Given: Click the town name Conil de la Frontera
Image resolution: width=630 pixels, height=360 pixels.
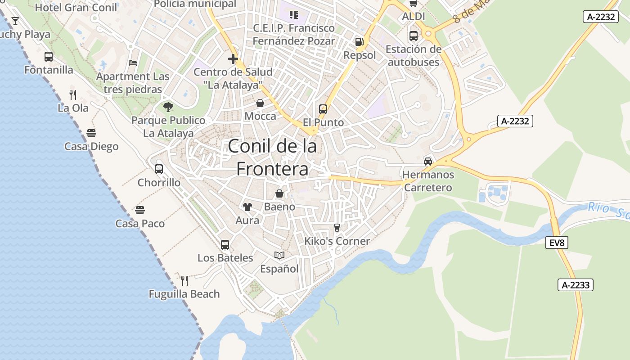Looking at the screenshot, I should click(x=272, y=157).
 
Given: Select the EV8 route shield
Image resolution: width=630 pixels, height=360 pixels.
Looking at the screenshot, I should click(x=557, y=243).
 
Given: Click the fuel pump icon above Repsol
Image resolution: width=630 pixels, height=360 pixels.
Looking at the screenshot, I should click(x=359, y=42).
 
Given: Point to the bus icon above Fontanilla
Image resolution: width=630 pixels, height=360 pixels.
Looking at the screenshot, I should click(x=49, y=57).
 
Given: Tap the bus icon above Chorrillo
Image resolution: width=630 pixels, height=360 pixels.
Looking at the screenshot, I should click(x=159, y=169).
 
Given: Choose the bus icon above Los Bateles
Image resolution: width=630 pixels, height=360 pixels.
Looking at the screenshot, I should click(x=225, y=245).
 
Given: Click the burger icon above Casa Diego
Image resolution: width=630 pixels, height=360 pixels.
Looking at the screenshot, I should click(x=91, y=133).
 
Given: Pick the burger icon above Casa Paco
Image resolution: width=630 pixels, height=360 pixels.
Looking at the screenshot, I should click(x=140, y=210).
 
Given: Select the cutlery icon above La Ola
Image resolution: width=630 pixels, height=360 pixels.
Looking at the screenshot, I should click(x=73, y=94).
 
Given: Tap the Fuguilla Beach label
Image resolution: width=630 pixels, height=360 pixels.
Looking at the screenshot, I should click(x=184, y=294).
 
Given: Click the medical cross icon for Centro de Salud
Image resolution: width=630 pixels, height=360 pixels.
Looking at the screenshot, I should click(x=233, y=58).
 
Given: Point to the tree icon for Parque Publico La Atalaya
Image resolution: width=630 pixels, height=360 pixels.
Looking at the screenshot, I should click(x=168, y=107).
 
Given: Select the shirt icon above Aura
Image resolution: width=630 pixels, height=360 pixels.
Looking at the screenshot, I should click(x=247, y=207).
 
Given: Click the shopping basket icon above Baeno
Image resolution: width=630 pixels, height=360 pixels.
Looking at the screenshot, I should click(x=279, y=193).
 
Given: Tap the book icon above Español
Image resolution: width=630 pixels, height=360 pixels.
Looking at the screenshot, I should click(x=279, y=256).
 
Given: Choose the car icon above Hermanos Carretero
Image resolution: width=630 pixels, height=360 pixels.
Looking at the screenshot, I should click(x=428, y=161).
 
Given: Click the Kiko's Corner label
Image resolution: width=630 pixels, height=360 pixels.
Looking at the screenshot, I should click(x=337, y=241).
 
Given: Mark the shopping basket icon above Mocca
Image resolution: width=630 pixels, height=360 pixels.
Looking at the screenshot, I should click(x=260, y=103).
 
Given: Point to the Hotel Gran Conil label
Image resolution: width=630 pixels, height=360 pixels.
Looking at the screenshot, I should click(x=76, y=7).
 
